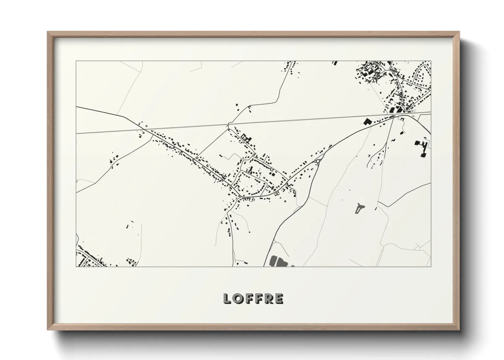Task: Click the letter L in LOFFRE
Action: [x=227, y=298]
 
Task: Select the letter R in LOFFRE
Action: [x=269, y=298]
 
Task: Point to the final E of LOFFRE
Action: [x=279, y=298]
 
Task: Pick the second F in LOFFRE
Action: [x=259, y=298]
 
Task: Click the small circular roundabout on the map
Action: [x=318, y=162]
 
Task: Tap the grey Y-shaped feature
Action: [x=359, y=208]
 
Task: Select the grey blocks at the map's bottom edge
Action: [x=278, y=262]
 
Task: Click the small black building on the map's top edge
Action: [x=335, y=63]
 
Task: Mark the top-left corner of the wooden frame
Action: [x=48, y=32]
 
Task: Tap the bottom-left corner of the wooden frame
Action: [x=48, y=330]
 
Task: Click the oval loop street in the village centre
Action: [x=251, y=183]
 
